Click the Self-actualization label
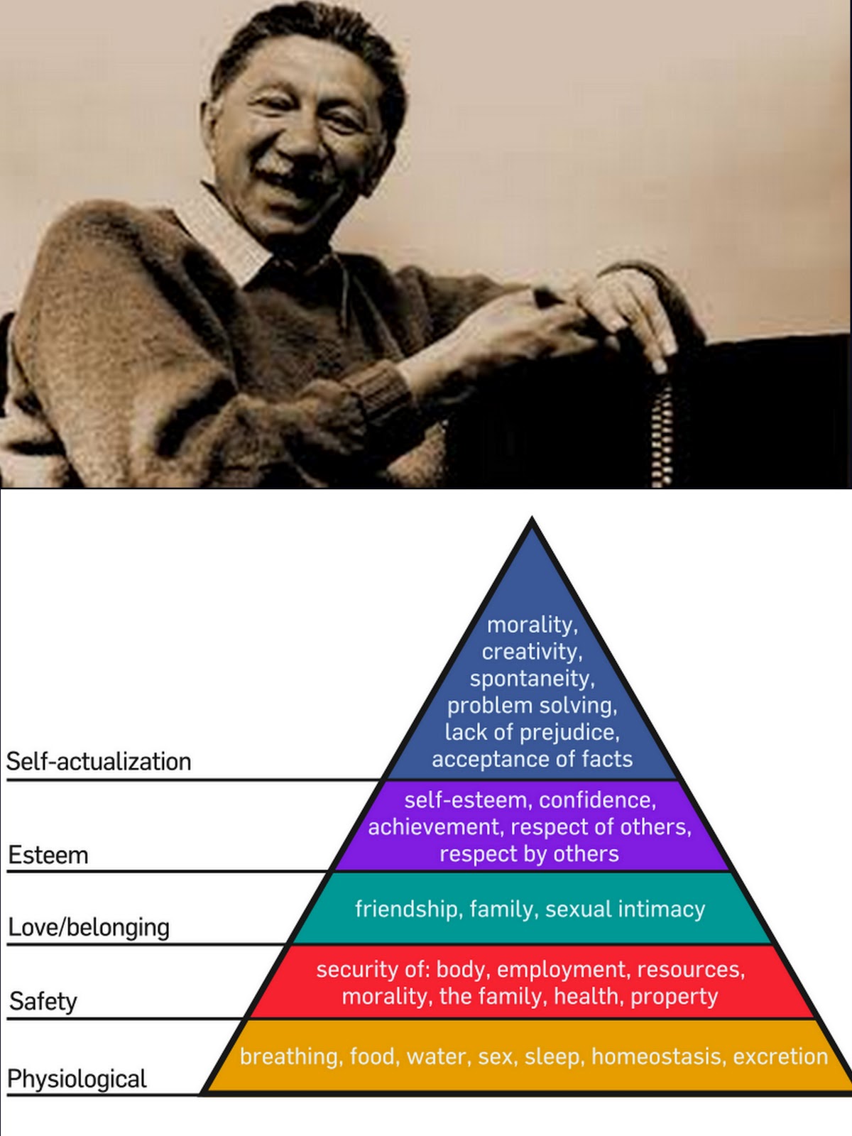point(99,762)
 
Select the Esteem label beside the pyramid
point(48,856)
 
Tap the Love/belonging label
point(89,928)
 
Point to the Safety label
point(43,1002)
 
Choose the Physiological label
point(77,1079)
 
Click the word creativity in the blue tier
point(531,652)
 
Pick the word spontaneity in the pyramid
point(531,679)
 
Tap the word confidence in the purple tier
point(597,801)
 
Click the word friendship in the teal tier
point(406,910)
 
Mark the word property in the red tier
point(674,997)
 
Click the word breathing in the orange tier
point(288,1057)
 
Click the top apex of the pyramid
point(532,521)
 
